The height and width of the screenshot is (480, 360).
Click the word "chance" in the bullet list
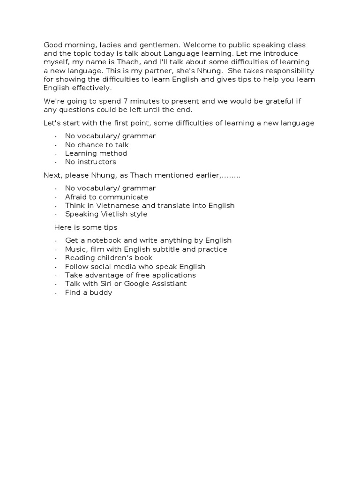pyautogui.click(x=89, y=145)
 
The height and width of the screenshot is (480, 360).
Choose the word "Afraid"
pyautogui.click(x=76, y=197)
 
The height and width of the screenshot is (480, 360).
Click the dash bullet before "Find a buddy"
pyautogui.click(x=56, y=293)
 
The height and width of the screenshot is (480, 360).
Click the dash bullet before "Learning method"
pyautogui.click(x=56, y=154)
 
